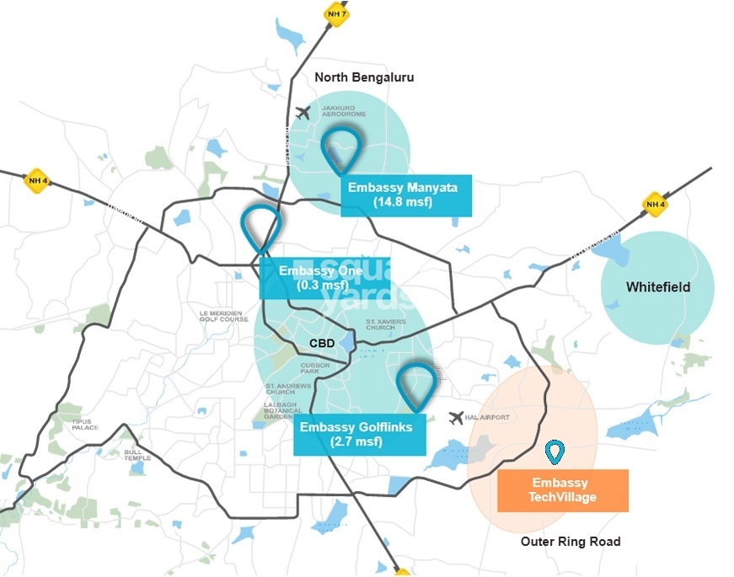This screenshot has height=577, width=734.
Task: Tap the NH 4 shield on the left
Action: click(x=36, y=179)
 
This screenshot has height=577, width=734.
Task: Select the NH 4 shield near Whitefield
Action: click(x=655, y=203)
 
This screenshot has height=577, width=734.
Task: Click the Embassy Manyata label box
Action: click(x=406, y=195)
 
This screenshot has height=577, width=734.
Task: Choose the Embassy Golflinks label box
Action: click(x=356, y=434)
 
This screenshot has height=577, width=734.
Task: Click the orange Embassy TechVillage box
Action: click(x=563, y=490)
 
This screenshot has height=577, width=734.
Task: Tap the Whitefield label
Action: click(x=657, y=287)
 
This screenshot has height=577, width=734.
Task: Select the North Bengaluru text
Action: click(x=364, y=77)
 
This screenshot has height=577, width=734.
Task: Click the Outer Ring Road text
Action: click(x=571, y=542)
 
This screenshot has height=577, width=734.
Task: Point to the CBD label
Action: click(x=322, y=344)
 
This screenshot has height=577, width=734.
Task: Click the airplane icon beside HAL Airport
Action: click(x=456, y=417)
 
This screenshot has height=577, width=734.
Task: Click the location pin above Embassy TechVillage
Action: click(x=554, y=451)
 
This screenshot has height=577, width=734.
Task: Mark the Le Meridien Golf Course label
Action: click(x=224, y=316)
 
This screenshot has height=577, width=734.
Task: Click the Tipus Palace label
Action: click(x=85, y=425)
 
